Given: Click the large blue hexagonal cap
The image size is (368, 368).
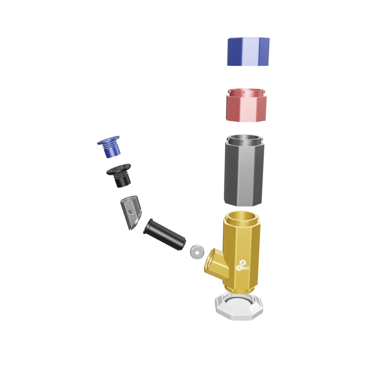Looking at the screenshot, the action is (x=248, y=51).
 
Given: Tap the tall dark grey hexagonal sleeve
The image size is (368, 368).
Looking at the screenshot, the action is (x=244, y=170).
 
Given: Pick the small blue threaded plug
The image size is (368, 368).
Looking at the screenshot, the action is (x=109, y=147).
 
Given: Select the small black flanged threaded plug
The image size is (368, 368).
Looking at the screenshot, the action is (x=119, y=175).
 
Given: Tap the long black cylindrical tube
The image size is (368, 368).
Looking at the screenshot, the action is (x=165, y=234).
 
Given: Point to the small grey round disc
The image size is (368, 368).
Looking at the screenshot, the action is (x=197, y=252).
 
